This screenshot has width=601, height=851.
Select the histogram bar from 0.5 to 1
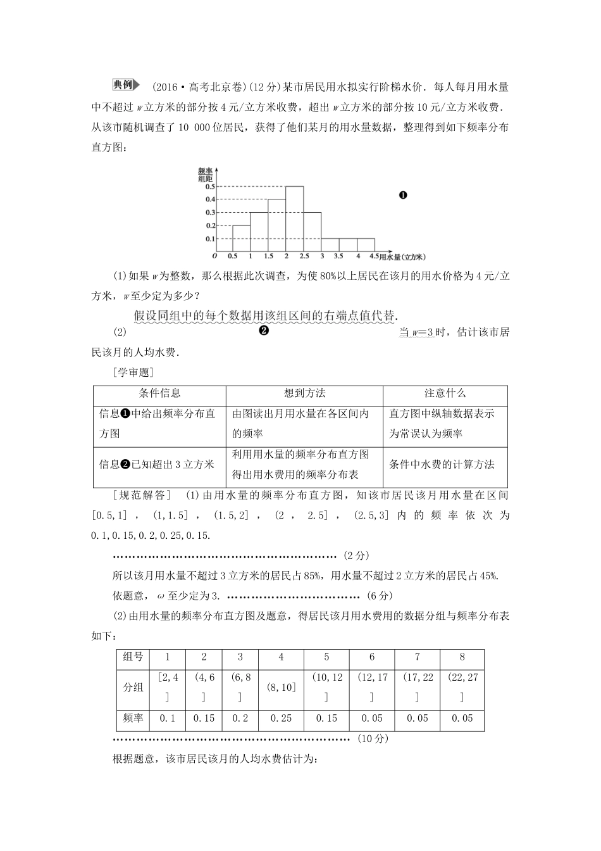pyautogui.click(x=241, y=239)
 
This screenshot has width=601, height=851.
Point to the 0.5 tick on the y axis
pyautogui.click(x=209, y=186)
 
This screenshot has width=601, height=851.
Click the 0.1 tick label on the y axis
pyautogui.click(x=209, y=239)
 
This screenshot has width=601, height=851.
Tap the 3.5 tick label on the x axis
pyautogui.click(x=338, y=256)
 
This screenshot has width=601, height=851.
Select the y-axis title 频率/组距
pyautogui.click(x=205, y=174)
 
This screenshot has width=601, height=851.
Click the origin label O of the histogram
pyautogui.click(x=214, y=256)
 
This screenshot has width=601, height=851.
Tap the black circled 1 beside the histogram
pyautogui.click(x=403, y=195)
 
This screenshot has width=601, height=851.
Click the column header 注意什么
pyautogui.click(x=445, y=393)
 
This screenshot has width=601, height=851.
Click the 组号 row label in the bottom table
pyautogui.click(x=133, y=657)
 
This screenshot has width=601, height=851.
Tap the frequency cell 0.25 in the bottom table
pyautogui.click(x=281, y=718)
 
